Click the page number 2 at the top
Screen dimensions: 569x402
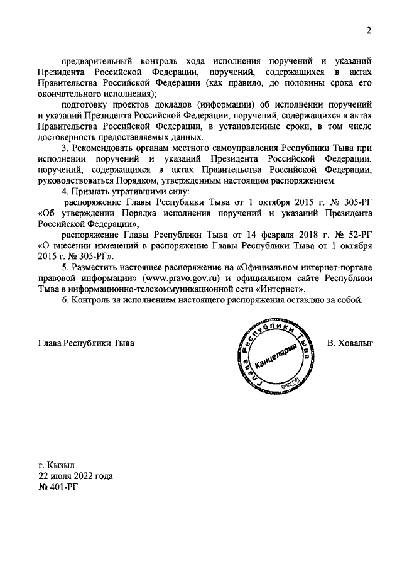pos(369,31)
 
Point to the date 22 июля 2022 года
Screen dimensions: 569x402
pos(75,476)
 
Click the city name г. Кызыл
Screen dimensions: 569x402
pos(57,466)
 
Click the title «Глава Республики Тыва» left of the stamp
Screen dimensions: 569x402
pos(86,343)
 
